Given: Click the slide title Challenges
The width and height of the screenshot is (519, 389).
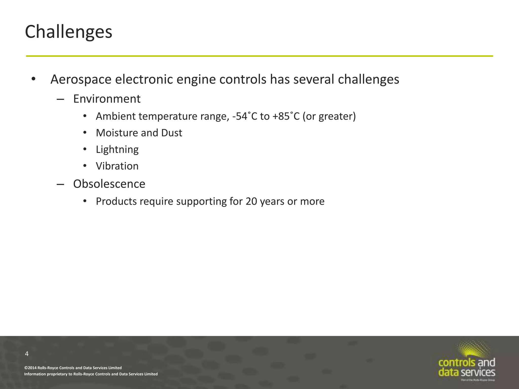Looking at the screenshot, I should [68, 32].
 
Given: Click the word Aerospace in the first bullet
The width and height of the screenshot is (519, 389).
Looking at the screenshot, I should [81, 79].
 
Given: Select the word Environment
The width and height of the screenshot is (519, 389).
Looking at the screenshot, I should [107, 99].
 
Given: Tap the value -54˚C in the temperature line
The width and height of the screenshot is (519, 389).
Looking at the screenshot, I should [245, 116].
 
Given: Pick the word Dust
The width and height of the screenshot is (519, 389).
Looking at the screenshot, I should [172, 133].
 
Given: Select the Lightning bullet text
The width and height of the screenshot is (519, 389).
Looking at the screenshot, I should [117, 150].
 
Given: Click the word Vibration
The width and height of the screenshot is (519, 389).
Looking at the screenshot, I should [117, 166].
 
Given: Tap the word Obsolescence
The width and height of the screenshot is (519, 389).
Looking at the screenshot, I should [109, 184].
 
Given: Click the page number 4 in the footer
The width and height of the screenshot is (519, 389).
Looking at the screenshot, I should [27, 354].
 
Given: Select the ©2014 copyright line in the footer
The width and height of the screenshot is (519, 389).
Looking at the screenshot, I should [73, 368].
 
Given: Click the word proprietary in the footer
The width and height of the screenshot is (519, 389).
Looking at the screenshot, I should [57, 374].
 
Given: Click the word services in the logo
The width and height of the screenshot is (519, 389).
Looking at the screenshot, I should [478, 372].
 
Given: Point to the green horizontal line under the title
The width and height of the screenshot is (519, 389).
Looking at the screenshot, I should [259, 56].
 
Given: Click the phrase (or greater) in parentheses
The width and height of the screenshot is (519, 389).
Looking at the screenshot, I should [329, 116].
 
